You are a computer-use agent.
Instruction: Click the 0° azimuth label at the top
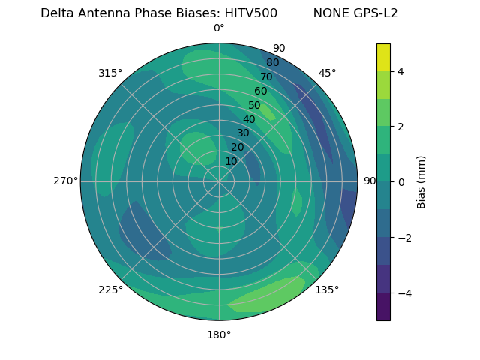click(219, 28)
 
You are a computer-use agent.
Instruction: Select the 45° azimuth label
click(327, 73)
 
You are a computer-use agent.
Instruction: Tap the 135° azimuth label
click(327, 289)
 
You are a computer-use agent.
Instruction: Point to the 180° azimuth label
click(219, 334)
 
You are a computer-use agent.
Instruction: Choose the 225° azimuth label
click(110, 289)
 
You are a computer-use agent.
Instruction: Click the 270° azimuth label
click(65, 181)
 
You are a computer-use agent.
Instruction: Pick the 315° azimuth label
click(110, 73)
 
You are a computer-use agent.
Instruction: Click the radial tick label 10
click(232, 161)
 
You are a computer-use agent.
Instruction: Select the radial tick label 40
click(249, 119)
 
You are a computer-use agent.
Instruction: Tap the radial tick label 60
click(260, 91)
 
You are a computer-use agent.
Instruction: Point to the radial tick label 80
click(272, 62)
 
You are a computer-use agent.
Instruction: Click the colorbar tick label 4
click(400, 71)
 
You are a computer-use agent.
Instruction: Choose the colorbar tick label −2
click(403, 237)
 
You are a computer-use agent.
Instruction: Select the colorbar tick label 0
click(400, 181)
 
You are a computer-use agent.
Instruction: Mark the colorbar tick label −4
click(403, 292)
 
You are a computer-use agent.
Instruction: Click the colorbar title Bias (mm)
click(421, 181)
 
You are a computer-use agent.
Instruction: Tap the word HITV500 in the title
click(251, 13)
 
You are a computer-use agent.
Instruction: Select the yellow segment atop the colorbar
click(383, 57)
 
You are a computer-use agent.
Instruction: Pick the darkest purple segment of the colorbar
click(383, 306)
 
